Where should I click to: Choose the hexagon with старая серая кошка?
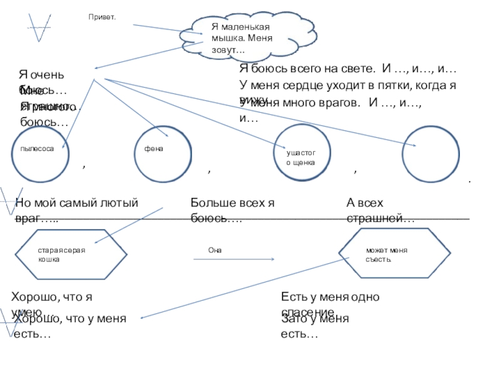(69, 254)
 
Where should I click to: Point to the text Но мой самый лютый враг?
(75, 202)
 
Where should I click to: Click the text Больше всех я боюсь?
(232, 202)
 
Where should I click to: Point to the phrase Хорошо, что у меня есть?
(69, 319)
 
